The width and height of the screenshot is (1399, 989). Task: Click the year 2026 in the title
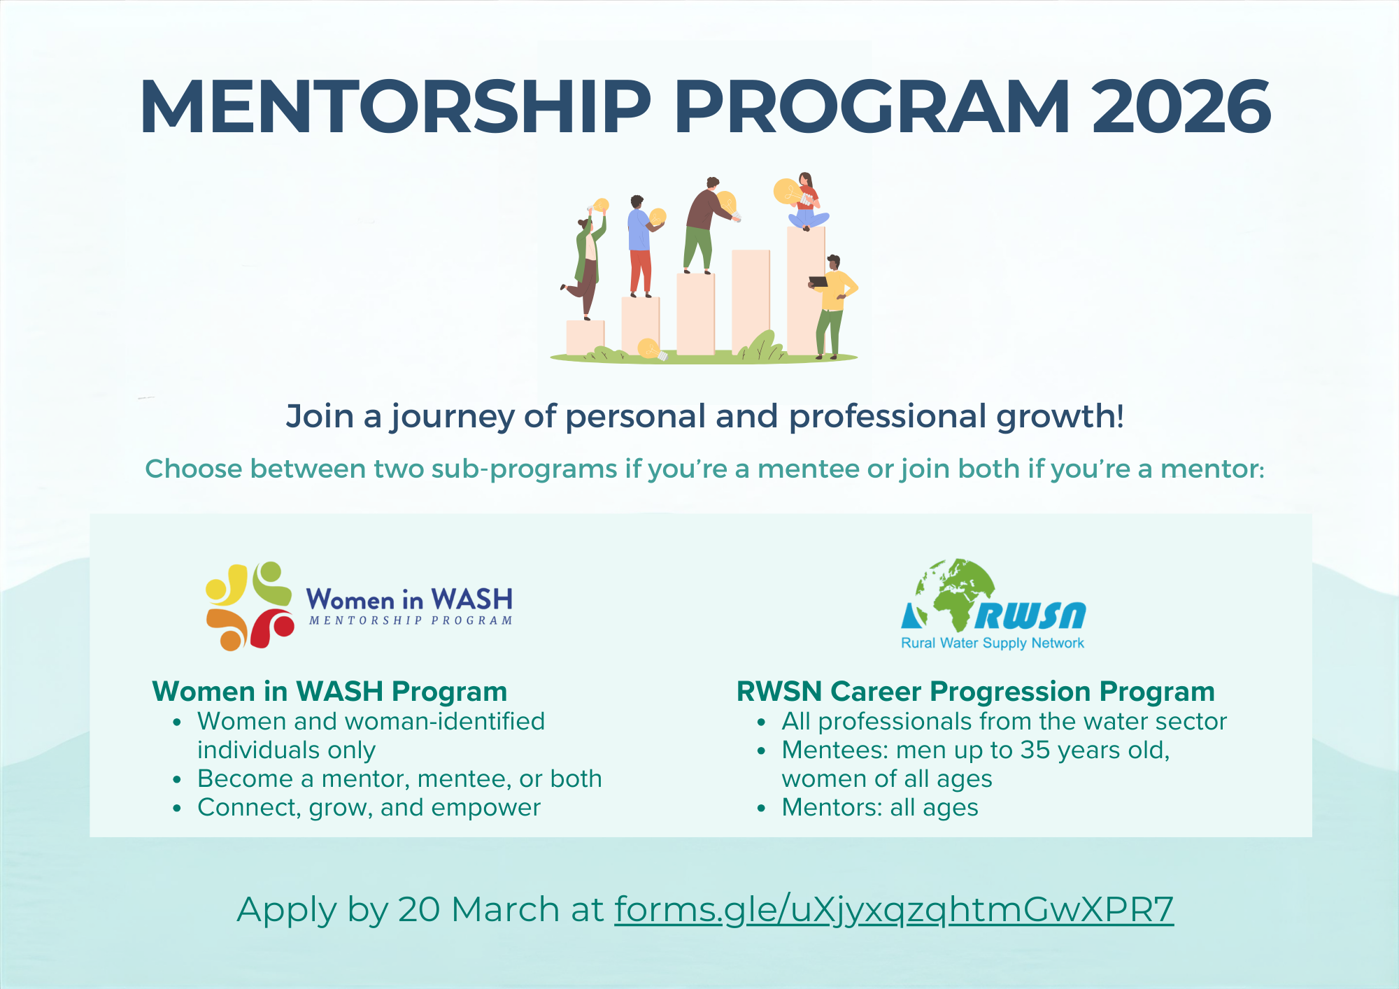[1181, 107]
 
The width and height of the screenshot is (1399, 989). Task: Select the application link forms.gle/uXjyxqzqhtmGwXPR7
[894, 910]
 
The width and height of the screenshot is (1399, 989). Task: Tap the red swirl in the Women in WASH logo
[271, 627]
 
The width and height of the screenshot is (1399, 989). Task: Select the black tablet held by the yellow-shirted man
[818, 282]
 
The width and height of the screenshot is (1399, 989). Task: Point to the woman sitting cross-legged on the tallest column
[807, 201]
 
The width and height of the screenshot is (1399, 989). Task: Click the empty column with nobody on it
[751, 301]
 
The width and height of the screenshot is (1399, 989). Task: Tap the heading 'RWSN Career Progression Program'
[976, 691]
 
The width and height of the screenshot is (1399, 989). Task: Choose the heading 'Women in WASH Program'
[329, 691]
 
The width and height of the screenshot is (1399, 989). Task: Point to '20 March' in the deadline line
[480, 909]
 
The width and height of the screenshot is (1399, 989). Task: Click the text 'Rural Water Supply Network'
[993, 643]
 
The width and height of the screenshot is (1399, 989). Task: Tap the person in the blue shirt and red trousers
[641, 246]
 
